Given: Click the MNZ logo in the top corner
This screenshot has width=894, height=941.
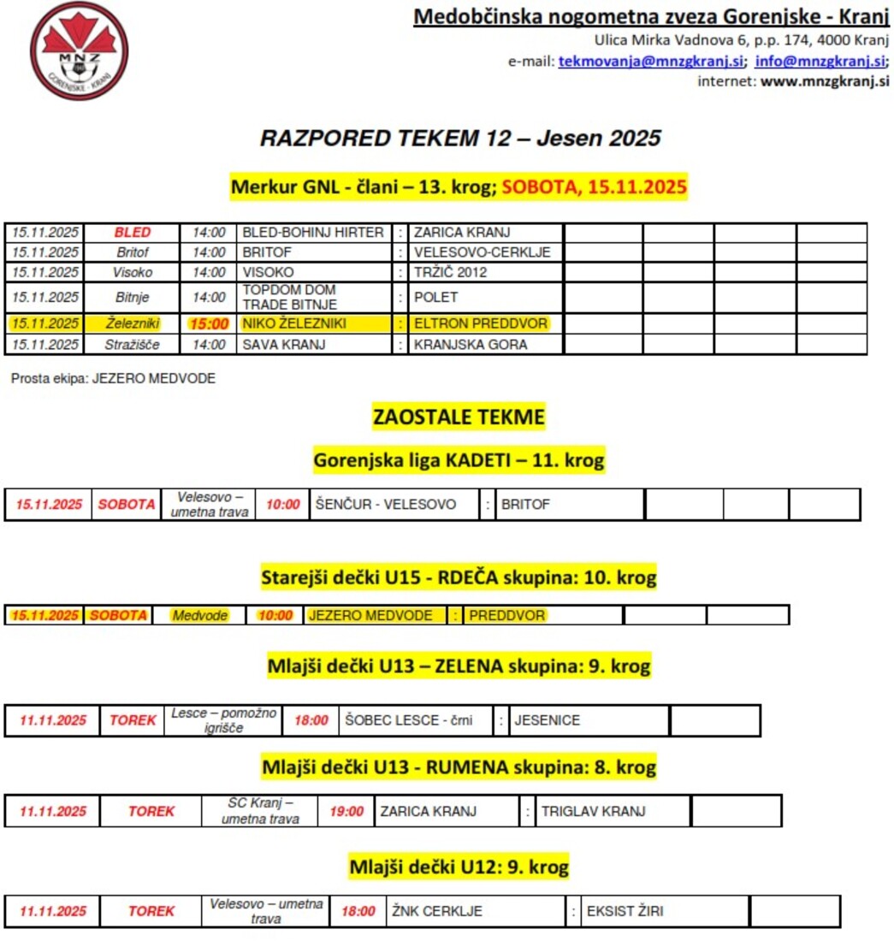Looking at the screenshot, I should coord(79,50).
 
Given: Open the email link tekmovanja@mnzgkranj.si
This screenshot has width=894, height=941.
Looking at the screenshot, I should coord(651,61).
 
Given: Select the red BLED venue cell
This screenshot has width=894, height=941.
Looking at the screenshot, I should coord(132,233).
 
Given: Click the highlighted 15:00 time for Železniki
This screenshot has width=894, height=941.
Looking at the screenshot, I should coord(209,324).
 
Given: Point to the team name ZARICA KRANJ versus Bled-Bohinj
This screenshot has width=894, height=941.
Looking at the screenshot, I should coord(462,233).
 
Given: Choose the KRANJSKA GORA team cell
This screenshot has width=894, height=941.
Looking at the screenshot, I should coord(470,345).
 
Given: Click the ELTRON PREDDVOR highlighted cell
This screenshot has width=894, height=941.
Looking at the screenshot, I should coord(480,324).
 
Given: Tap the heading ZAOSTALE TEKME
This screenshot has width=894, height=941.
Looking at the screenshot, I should coord(459,417).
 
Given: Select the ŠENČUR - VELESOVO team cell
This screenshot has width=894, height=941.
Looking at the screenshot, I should coord(385,505).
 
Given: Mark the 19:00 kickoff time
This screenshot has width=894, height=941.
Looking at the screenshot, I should coord(346,811).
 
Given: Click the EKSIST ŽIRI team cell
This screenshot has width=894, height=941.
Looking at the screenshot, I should coord(625,912).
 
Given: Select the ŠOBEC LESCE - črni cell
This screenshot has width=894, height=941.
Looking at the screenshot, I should coord(408,720).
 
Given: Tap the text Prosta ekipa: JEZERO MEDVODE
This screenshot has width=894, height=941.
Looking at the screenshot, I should coord(113,378).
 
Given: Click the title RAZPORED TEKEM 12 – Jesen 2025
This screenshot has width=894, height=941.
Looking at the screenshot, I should coord(460,139).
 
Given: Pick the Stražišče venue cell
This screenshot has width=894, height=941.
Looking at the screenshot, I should coord(132,345).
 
